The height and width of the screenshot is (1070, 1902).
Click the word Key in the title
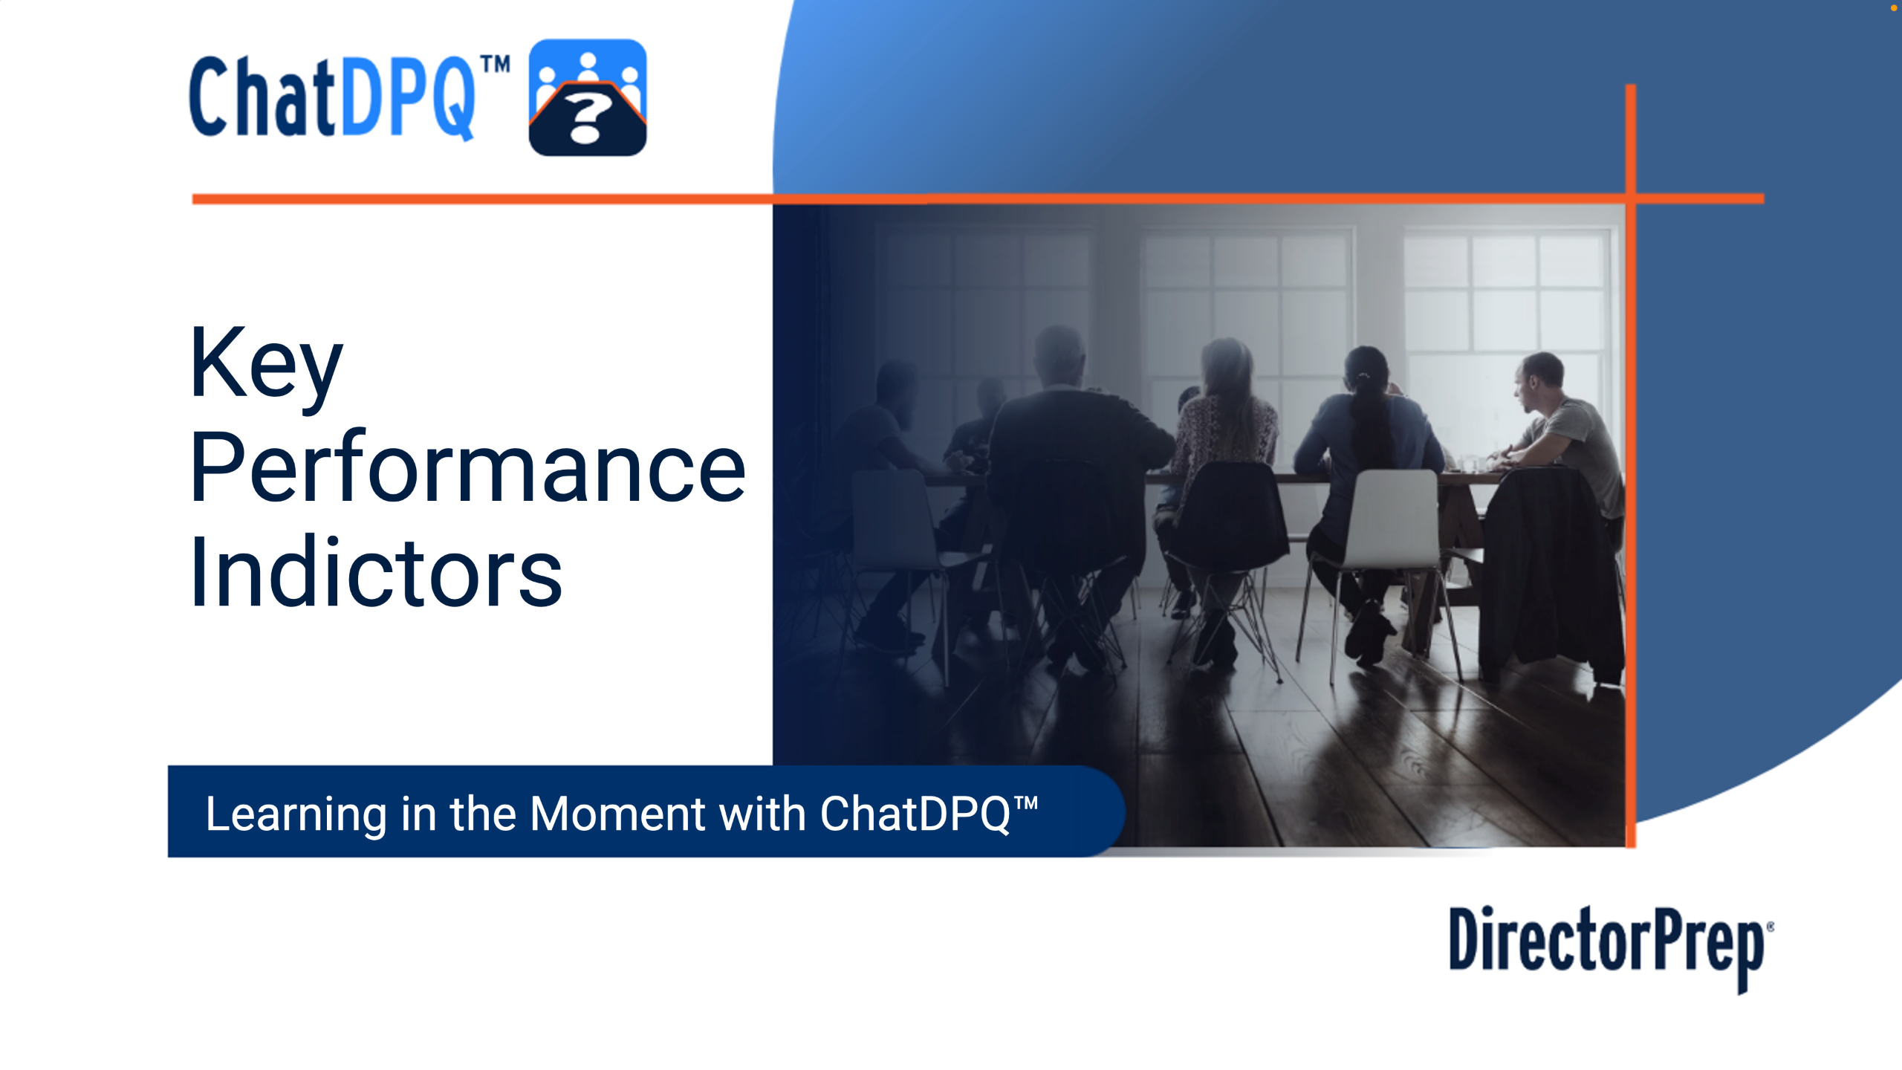click(x=267, y=366)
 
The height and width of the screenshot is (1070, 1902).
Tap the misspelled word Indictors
click(x=376, y=571)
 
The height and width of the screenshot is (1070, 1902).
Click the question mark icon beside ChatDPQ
click(x=588, y=97)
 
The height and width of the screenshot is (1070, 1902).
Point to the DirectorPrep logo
click(x=1611, y=948)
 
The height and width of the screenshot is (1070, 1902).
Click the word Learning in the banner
click(x=296, y=814)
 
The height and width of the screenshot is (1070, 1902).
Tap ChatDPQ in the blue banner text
click(x=915, y=814)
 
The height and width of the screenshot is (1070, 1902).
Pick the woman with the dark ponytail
click(x=1367, y=476)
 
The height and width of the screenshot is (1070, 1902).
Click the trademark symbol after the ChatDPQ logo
click(x=495, y=65)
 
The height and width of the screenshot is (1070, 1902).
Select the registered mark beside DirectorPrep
click(x=1770, y=927)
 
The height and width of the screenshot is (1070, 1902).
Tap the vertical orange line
click(x=1630, y=466)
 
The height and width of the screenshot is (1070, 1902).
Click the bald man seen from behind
click(x=1070, y=476)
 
